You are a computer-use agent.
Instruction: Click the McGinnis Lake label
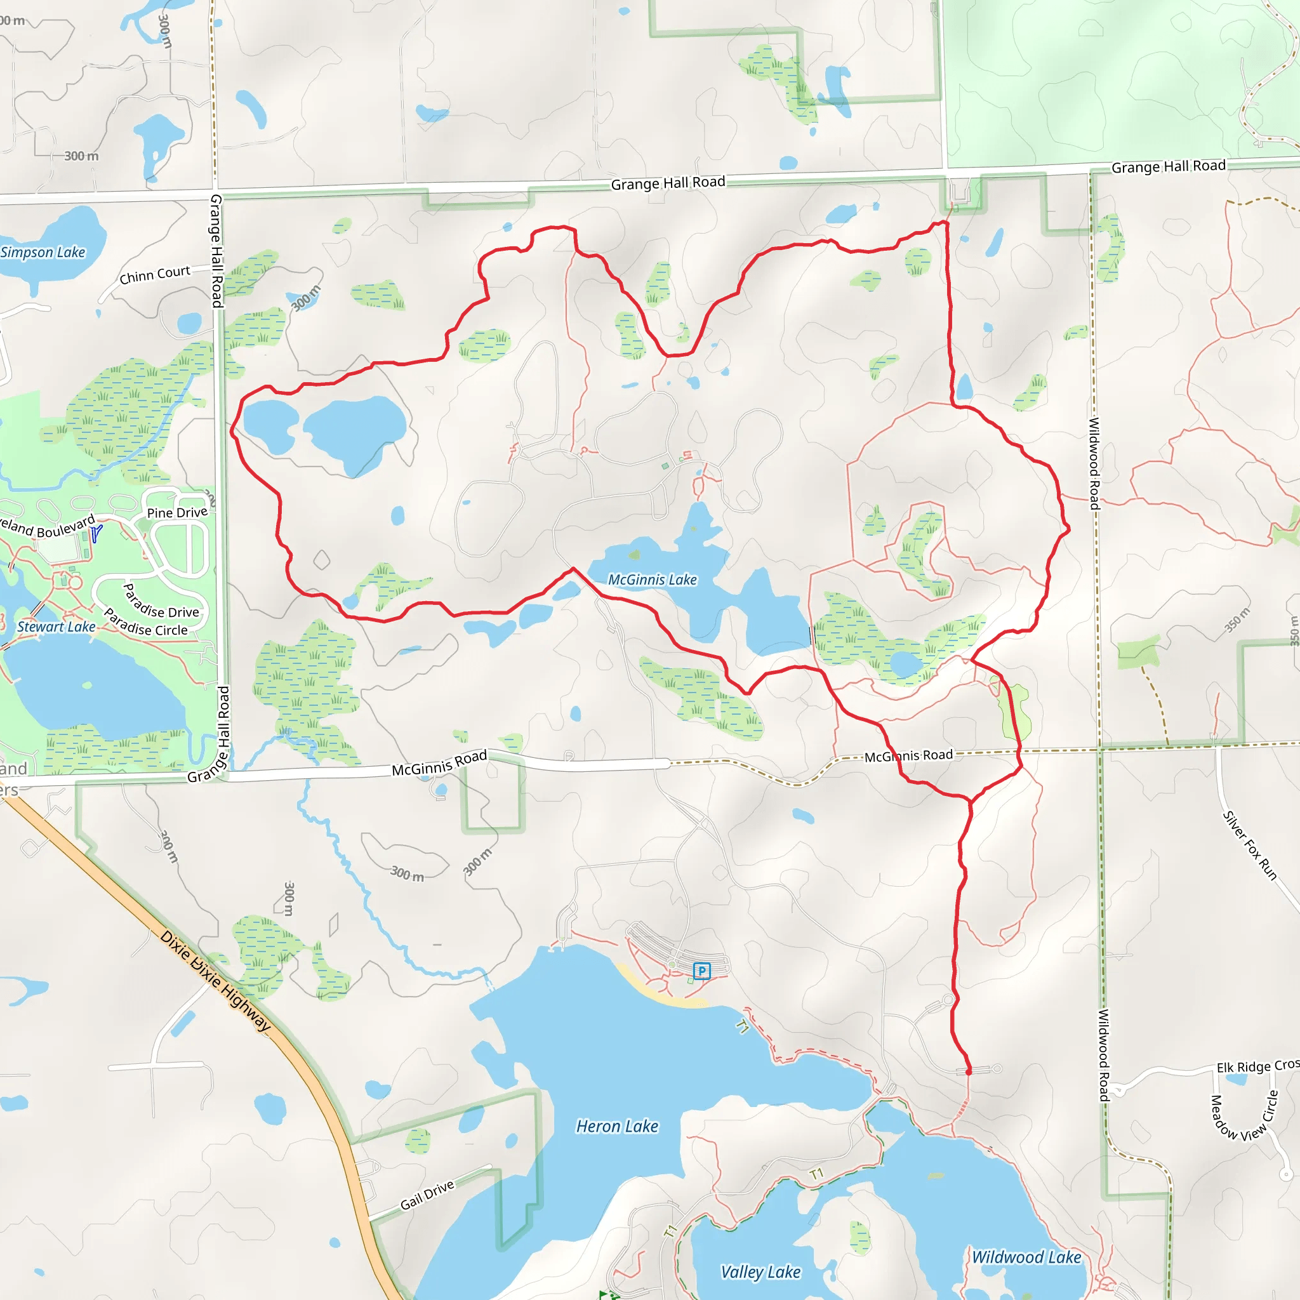pyautogui.click(x=652, y=580)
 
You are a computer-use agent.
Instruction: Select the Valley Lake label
pyautogui.click(x=760, y=1271)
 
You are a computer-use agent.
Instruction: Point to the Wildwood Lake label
pyautogui.click(x=1026, y=1257)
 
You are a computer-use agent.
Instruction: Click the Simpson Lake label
pyautogui.click(x=43, y=253)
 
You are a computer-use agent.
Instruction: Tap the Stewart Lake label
pyautogui.click(x=56, y=627)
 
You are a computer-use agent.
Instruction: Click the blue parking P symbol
pyautogui.click(x=702, y=971)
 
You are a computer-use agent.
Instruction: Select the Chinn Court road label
pyautogui.click(x=155, y=274)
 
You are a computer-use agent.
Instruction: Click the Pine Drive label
pyautogui.click(x=177, y=513)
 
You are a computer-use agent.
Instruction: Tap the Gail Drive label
pyautogui.click(x=427, y=1195)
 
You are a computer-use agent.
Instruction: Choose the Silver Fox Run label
pyautogui.click(x=1249, y=845)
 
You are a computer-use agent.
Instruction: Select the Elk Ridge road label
pyautogui.click(x=1257, y=1066)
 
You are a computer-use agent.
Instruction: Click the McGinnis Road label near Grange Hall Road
pyautogui.click(x=439, y=762)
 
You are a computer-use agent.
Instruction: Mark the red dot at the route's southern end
pyautogui.click(x=968, y=1071)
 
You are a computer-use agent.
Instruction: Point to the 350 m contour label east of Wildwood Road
pyautogui.click(x=1237, y=620)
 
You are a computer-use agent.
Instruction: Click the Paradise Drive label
pyautogui.click(x=161, y=601)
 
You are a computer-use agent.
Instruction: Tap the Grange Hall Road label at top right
pyautogui.click(x=1168, y=166)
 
